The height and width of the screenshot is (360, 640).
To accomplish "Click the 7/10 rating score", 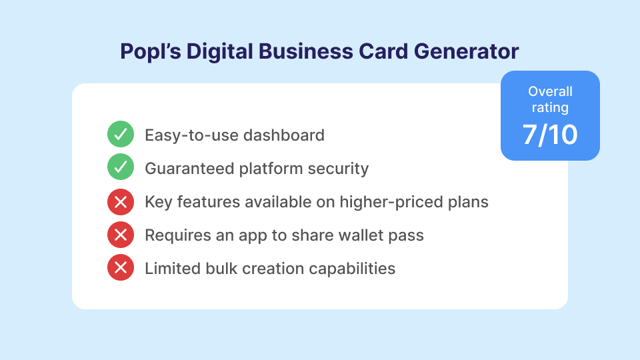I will coord(550,135).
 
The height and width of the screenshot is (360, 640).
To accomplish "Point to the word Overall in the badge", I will coord(550,92).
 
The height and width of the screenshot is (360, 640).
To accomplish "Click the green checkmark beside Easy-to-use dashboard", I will coord(121,135).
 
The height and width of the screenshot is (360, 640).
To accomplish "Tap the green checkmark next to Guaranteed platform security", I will coord(121,169).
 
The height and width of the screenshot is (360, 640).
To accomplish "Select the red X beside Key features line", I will coord(121,202).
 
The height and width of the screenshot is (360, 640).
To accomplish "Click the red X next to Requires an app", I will coord(121,235).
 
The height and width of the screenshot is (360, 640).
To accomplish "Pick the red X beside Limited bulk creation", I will coord(121,269).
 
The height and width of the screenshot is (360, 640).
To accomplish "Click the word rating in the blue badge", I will coord(550,107).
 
